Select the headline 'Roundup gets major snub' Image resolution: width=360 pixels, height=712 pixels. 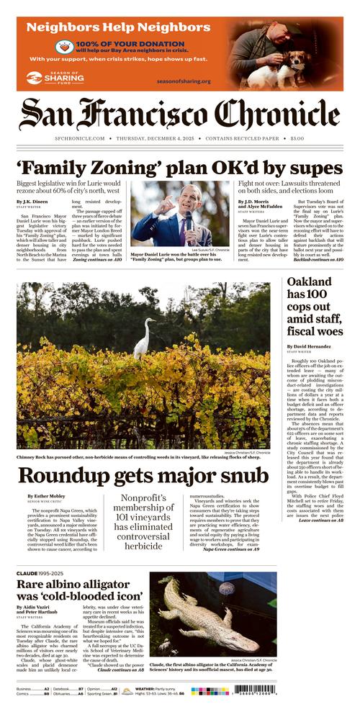click(143, 476)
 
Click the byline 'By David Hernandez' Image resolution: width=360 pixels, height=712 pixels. click(312, 347)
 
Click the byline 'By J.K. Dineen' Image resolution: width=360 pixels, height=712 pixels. click(33, 202)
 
